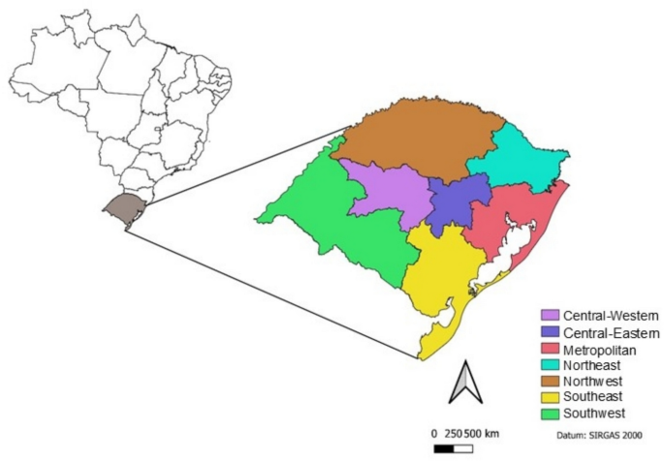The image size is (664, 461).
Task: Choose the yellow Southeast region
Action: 441,271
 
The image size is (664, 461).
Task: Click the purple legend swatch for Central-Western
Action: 550,316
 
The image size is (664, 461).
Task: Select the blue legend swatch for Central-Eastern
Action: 550,332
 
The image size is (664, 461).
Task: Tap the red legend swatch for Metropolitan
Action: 550,349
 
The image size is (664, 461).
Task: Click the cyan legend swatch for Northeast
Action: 550,365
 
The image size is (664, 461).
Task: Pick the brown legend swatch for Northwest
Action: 550,382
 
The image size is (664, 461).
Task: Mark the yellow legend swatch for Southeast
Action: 550,397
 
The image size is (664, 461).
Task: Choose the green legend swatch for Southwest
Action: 550,414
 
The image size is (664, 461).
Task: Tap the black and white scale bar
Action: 454,449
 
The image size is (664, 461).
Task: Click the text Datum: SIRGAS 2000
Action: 600,436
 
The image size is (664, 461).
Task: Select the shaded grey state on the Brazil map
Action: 121,207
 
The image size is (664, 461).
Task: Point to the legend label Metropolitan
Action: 595,349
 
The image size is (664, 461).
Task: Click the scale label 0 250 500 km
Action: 466,432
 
